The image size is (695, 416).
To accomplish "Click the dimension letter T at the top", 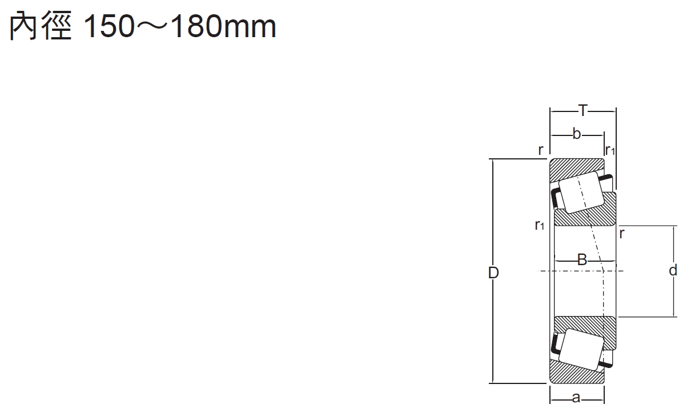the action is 583,110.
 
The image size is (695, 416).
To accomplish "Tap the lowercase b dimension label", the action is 576,134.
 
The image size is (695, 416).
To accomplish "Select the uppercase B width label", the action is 582,259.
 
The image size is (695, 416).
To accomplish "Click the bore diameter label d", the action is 673,270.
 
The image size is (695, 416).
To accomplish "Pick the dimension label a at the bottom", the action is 576,398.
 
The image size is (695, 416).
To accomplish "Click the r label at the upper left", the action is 541,150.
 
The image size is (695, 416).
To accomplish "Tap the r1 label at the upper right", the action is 610,150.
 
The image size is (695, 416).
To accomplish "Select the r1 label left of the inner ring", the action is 540,225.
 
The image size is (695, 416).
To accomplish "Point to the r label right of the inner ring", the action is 622,234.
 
